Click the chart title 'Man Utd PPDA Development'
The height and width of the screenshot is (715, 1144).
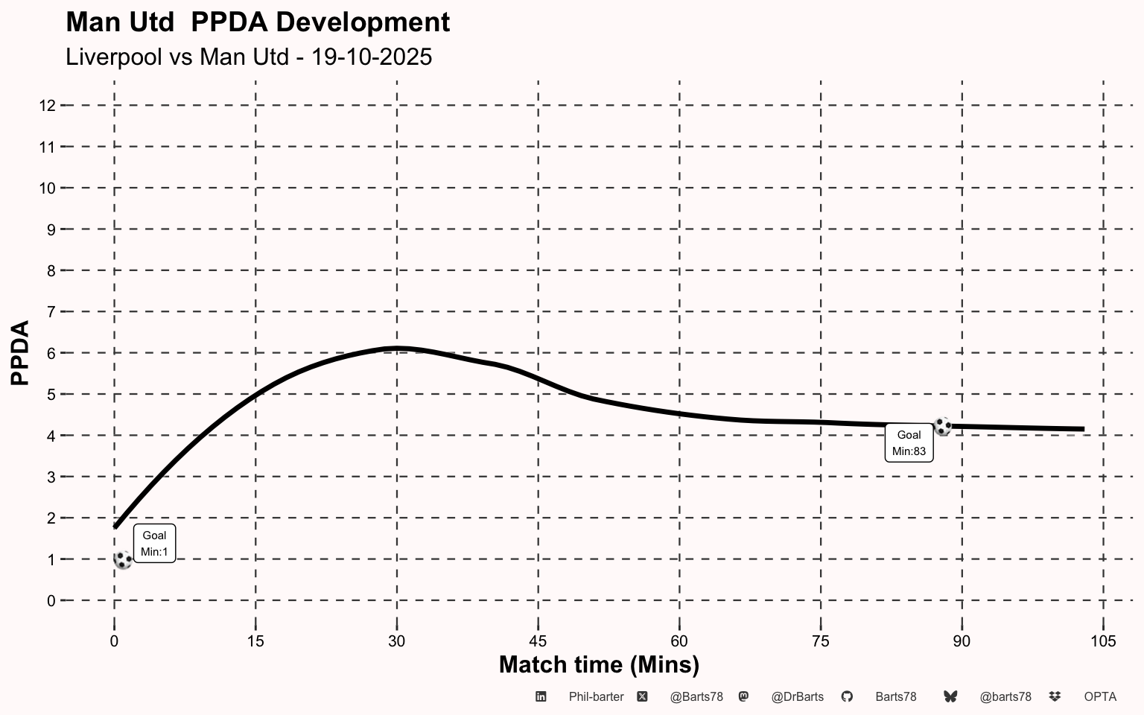point(258,22)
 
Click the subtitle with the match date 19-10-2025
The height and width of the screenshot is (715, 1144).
point(249,57)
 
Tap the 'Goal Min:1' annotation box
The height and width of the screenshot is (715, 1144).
point(154,544)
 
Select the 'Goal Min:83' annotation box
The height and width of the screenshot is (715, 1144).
point(909,443)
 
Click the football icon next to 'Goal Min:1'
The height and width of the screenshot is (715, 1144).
point(123,560)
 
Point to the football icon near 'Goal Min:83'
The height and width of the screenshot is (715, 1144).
point(942,427)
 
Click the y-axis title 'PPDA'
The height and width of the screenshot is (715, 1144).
point(21,353)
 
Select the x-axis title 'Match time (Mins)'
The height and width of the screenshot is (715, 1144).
point(599,664)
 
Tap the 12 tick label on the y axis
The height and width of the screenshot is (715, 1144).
point(47,106)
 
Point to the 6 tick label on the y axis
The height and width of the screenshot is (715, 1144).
point(51,354)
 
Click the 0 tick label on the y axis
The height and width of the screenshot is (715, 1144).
point(51,601)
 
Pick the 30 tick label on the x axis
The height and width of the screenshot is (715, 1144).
point(396,641)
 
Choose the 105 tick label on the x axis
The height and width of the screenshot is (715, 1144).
point(1103,641)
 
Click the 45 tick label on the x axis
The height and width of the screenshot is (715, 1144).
point(538,641)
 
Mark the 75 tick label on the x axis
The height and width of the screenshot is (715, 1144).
point(820,641)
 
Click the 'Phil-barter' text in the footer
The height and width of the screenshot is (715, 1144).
point(596,697)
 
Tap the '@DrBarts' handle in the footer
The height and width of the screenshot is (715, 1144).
point(797,697)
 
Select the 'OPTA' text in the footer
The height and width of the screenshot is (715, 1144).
point(1100,697)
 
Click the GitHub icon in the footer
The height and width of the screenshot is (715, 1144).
point(847,696)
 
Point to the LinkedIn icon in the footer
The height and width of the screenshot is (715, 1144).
point(541,696)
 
